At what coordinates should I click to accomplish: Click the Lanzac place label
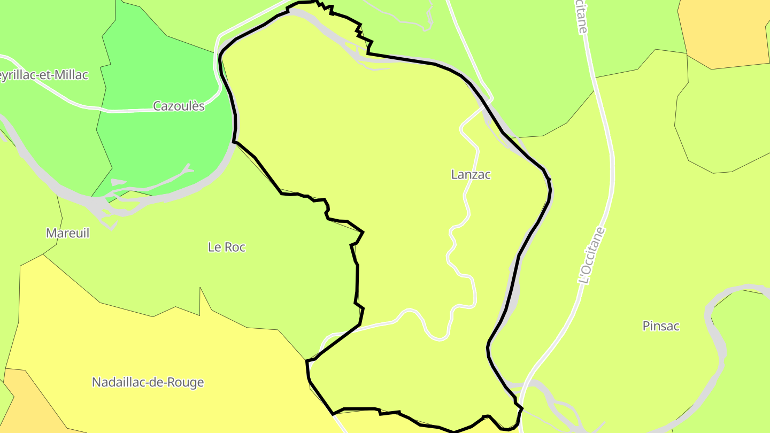pos(471,174)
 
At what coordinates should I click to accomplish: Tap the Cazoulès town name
pos(179,106)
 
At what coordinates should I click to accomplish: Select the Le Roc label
pos(226,247)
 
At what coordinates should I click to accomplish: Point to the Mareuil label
pos(67,233)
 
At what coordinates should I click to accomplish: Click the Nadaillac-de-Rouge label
pos(148,382)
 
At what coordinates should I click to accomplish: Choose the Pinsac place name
pos(660,326)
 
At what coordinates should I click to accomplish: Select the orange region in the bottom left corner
pos(27,401)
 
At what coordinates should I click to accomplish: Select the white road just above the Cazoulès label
pos(160,110)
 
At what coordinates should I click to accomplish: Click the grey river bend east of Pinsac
pos(719,342)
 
